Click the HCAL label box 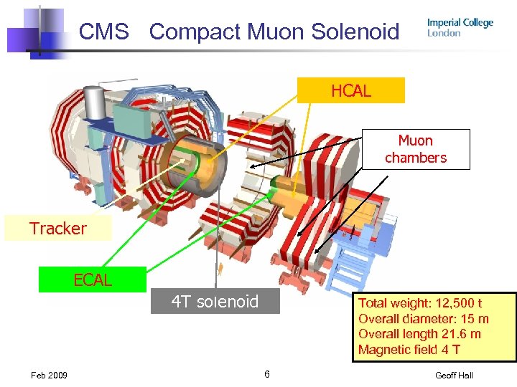[x=351, y=91]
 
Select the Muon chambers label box [x=416, y=149]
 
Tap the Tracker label [x=57, y=229]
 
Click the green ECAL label [x=93, y=280]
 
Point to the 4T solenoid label [x=215, y=302]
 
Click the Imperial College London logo [x=460, y=27]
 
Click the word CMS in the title [x=104, y=32]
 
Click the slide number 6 [x=266, y=374]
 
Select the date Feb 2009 [x=49, y=376]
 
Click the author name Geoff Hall [x=454, y=376]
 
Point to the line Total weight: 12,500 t [x=420, y=303]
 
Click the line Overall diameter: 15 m [x=423, y=319]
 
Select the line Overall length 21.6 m [x=419, y=334]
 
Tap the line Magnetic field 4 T [x=409, y=350]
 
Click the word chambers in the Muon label [x=416, y=158]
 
